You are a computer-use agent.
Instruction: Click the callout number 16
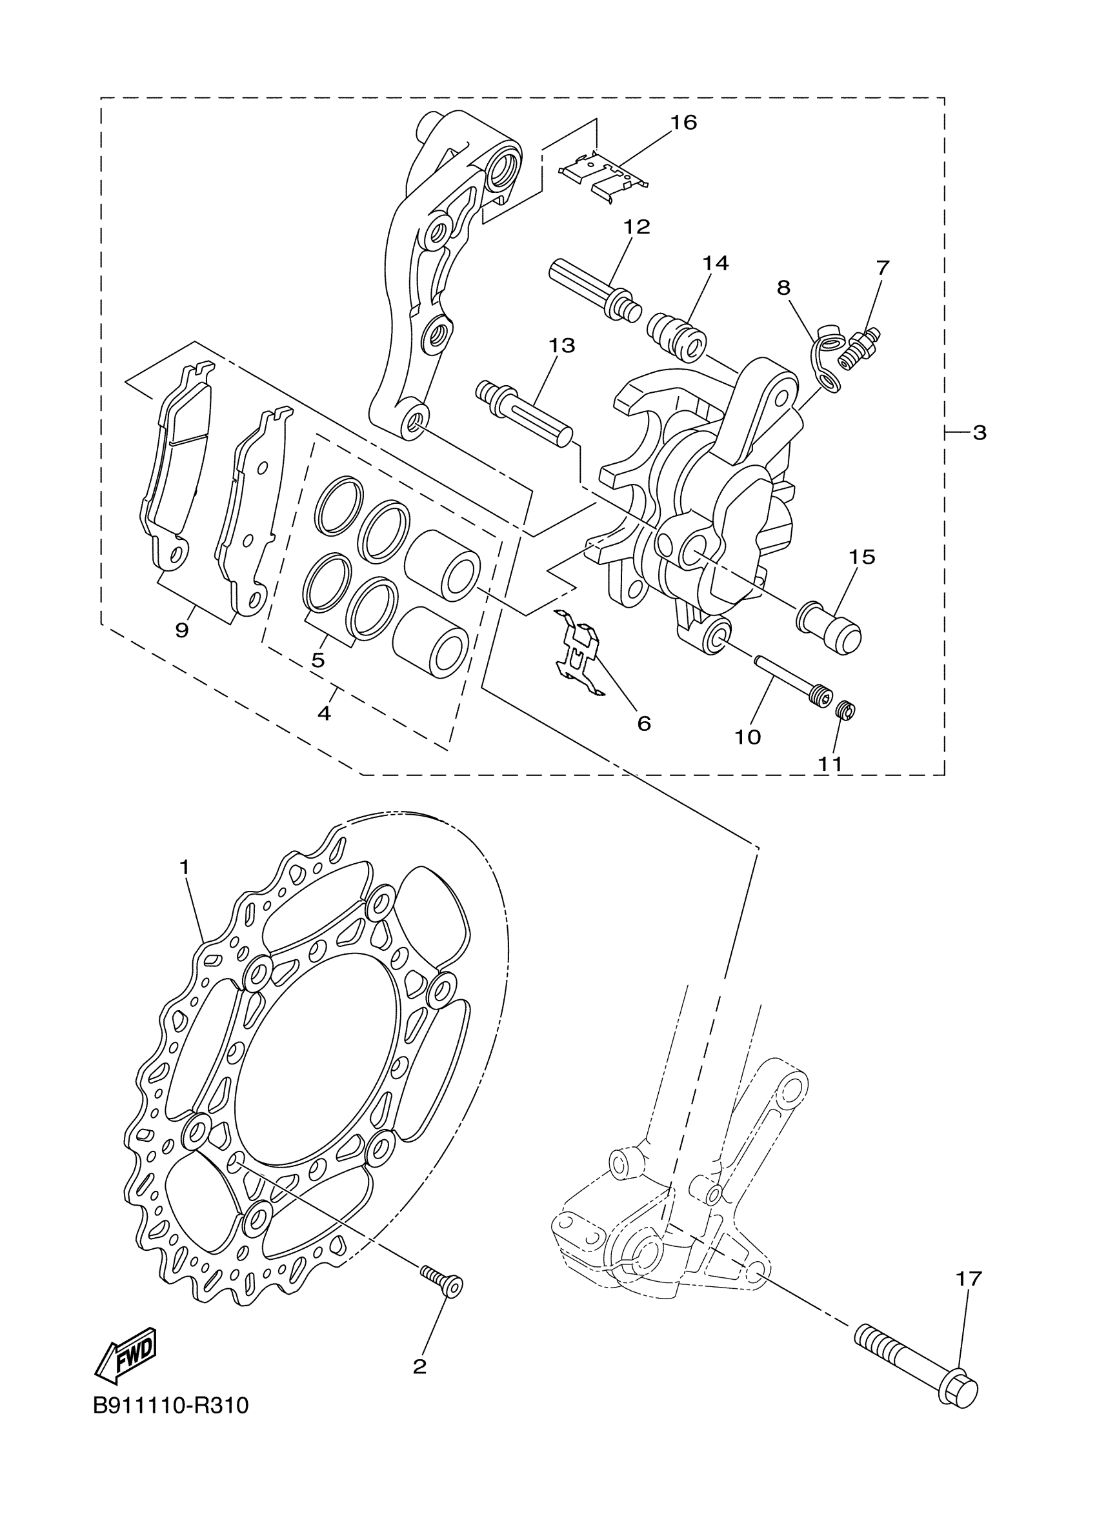click(683, 123)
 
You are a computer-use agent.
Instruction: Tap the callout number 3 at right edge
click(979, 433)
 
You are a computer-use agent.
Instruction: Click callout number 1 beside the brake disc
click(185, 867)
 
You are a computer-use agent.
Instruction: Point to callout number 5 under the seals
click(318, 660)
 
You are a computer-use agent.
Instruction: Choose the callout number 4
click(324, 713)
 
